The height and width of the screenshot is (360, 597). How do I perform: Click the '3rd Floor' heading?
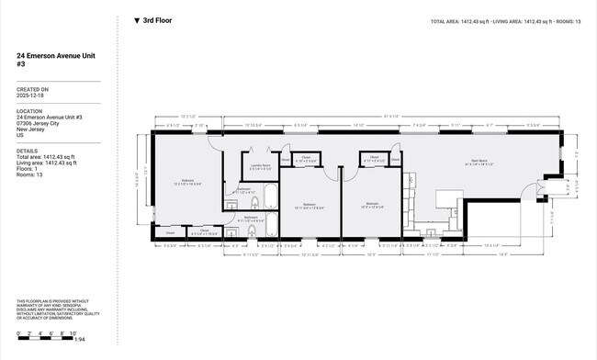coord(157,20)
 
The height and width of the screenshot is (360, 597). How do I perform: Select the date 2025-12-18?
coord(29,96)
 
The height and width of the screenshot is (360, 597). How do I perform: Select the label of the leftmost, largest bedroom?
coord(186,182)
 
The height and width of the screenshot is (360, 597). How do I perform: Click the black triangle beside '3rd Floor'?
coord(137,20)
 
